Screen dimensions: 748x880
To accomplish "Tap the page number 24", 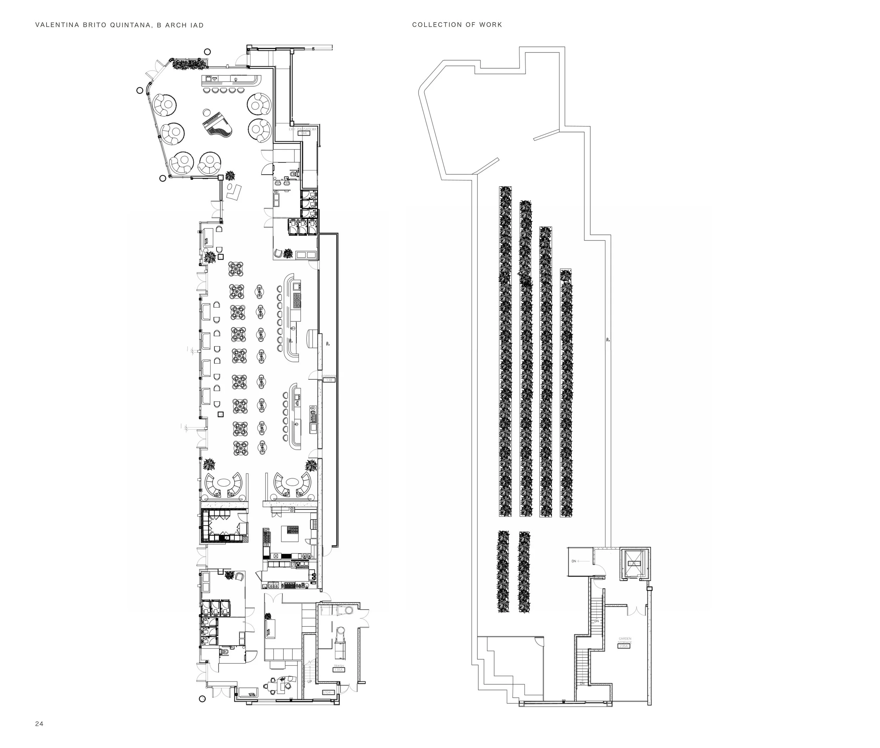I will (x=39, y=724).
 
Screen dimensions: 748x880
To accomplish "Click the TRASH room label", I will (x=338, y=666).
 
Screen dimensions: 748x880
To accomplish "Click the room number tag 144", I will (x=304, y=133).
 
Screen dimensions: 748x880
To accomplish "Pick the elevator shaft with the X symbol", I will (x=634, y=563).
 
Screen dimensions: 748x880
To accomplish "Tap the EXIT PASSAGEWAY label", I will (x=303, y=129).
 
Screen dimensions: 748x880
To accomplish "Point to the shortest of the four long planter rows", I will (x=566, y=392).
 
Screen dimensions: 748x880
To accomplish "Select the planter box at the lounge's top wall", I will (x=189, y=64).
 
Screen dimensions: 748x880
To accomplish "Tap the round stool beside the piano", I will (x=206, y=112).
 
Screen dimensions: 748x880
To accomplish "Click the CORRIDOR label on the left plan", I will (x=329, y=376).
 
